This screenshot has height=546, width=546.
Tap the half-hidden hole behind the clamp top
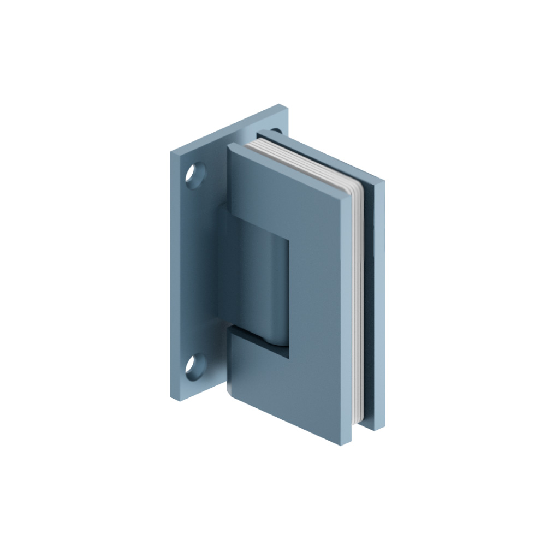tap(276, 131)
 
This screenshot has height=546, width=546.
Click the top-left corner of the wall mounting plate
tap(170, 155)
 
